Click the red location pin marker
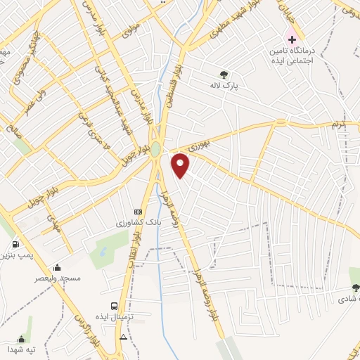181,165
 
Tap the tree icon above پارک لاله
224,73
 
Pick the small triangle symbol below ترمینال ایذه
124,337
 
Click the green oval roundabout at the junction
155,150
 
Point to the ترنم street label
338,124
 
